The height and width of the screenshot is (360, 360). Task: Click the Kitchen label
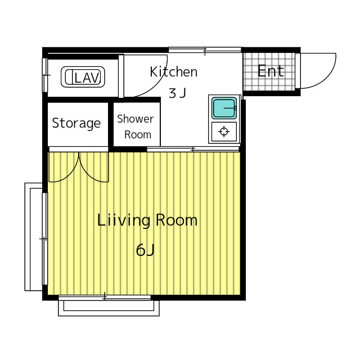click(174, 71)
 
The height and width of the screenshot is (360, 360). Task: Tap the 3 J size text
click(177, 93)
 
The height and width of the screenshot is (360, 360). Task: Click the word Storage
click(76, 123)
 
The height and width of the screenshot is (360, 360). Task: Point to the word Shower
click(135, 119)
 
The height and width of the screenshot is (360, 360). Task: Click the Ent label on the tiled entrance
click(271, 71)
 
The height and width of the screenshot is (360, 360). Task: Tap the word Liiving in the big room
click(124, 221)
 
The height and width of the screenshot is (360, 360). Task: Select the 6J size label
click(145, 250)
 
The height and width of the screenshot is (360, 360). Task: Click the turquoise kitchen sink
click(224, 108)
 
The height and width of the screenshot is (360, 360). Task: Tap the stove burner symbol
click(224, 132)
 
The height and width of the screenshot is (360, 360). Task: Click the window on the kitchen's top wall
click(205, 50)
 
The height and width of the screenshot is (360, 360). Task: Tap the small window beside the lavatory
click(45, 75)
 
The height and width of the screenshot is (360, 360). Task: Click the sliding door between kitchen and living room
click(193, 149)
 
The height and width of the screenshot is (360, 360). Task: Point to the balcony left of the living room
click(34, 237)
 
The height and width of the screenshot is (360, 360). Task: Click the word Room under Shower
click(138, 134)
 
